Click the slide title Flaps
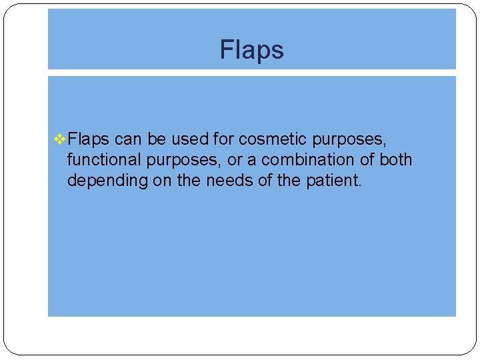point(251,50)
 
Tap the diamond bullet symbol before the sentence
point(59,139)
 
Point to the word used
point(191,139)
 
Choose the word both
point(396,160)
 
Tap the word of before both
point(369,160)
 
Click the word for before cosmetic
point(223,139)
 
